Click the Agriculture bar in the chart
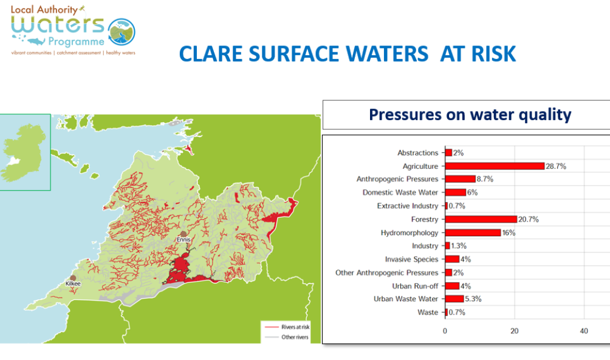495,166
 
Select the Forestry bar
481,219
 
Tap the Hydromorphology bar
473,233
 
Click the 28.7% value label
556,166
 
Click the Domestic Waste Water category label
400,192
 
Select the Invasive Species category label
411,259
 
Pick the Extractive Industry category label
407,206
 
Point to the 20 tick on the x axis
515,331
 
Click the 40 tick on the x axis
584,331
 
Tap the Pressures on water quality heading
470,115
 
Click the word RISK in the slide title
489,54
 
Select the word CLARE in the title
211,54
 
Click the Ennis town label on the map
183,240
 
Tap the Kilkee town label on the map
73,284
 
